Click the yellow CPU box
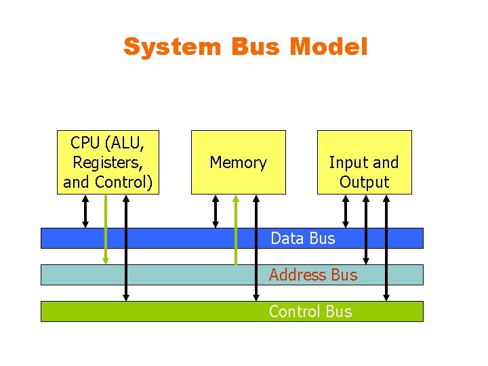[108, 162]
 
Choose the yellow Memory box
[238, 162]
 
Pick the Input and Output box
[364, 162]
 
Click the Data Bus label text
[302, 238]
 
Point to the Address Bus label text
[312, 274]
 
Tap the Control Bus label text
[310, 311]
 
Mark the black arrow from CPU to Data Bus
[85, 211]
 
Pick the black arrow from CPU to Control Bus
[126, 247]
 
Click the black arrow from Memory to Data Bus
[216, 211]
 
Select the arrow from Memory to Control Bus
[256, 247]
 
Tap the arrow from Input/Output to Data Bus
[346, 211]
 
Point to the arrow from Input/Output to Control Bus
[386, 247]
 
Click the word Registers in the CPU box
[108, 163]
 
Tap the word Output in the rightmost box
[364, 182]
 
